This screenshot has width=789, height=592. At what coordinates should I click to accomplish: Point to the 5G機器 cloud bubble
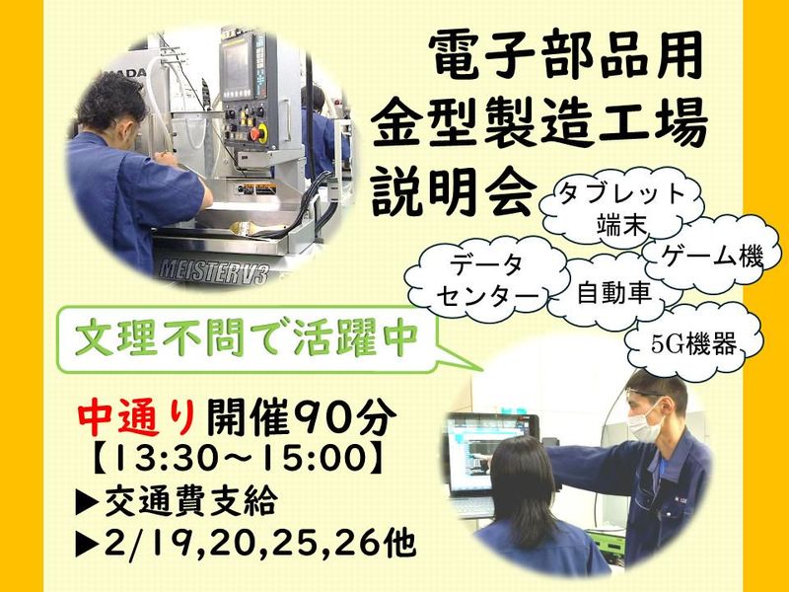point(694,344)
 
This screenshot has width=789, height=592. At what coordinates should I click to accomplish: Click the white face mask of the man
point(645,423)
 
